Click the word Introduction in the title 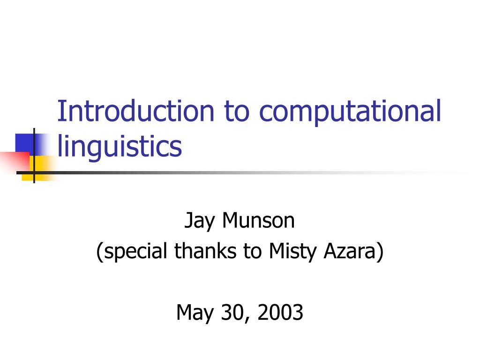click(136, 111)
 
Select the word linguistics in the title click(120, 146)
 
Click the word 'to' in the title click(238, 112)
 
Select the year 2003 click(280, 312)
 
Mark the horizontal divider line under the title click(234, 172)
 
